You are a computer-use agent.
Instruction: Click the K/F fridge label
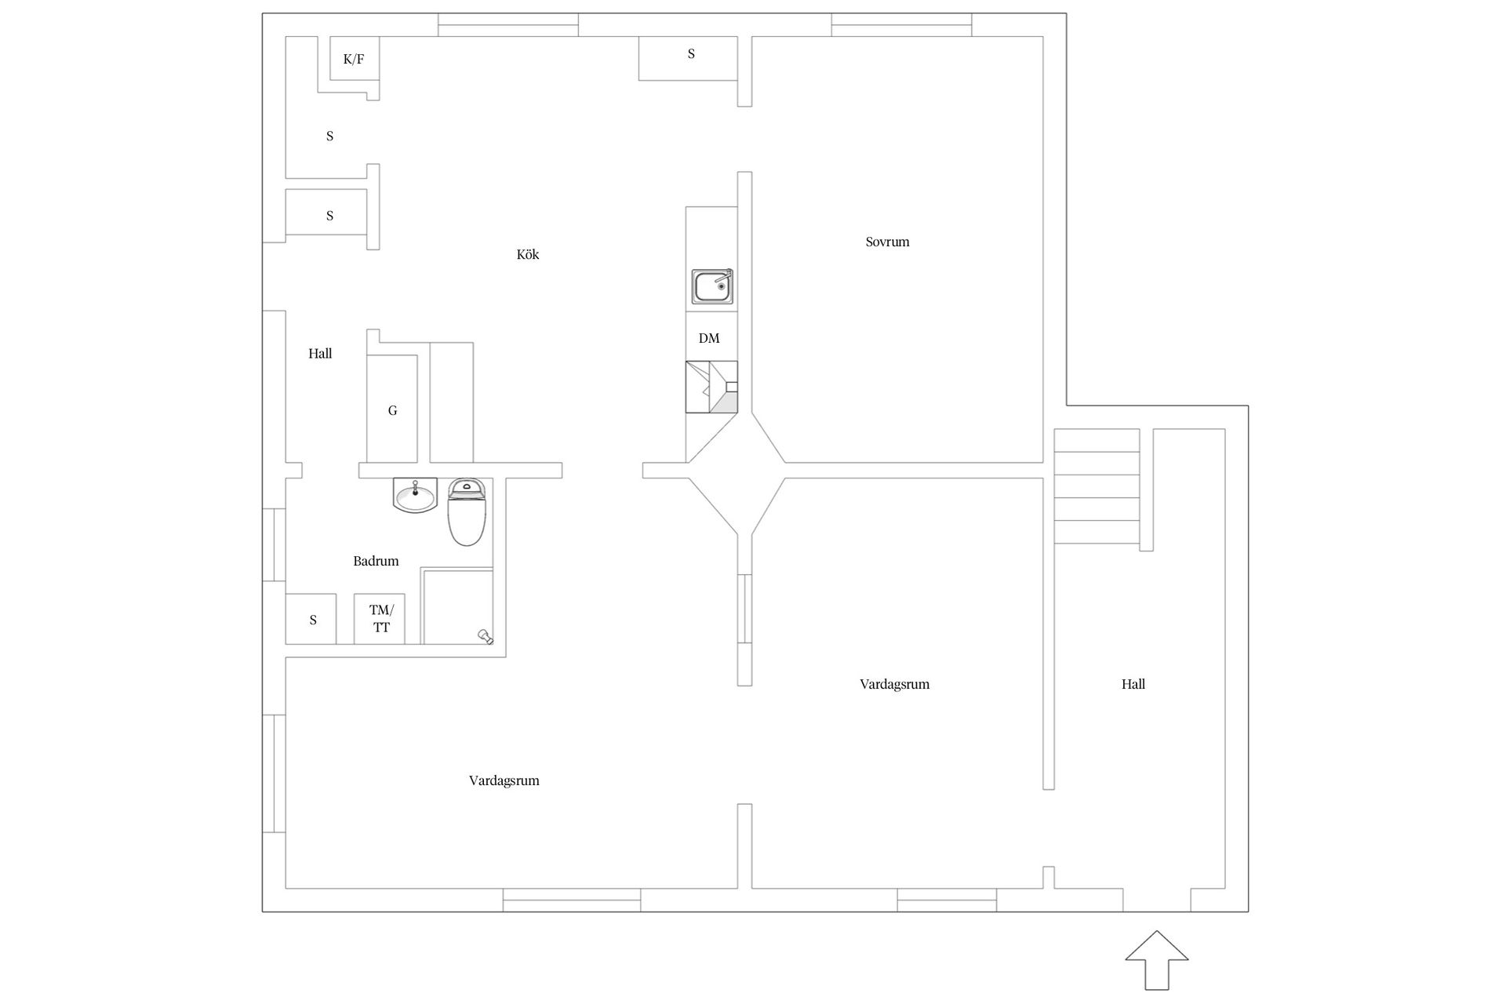click(354, 59)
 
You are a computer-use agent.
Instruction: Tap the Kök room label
click(528, 254)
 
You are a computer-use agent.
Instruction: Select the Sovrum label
click(887, 242)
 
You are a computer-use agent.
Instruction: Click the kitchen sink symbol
click(712, 286)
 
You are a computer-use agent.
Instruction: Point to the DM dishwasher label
click(709, 338)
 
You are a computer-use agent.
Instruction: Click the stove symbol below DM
click(711, 387)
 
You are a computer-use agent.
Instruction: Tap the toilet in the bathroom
click(467, 512)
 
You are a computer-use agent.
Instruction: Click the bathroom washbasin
click(415, 496)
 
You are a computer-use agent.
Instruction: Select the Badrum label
click(376, 561)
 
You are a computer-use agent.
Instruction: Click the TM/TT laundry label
click(381, 619)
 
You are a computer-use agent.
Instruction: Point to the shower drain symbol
click(486, 637)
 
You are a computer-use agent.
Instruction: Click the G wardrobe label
click(392, 410)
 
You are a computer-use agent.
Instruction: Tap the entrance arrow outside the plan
click(1157, 960)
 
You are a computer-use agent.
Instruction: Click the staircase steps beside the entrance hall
click(1097, 486)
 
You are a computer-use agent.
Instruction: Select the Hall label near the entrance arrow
click(1133, 684)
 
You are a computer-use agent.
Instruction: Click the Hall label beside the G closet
click(320, 354)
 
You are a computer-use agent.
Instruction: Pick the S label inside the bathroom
click(313, 620)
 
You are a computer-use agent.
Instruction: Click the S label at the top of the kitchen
click(691, 53)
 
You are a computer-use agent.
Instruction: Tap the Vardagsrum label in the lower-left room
click(504, 780)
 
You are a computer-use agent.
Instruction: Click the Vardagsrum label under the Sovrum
click(894, 684)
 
